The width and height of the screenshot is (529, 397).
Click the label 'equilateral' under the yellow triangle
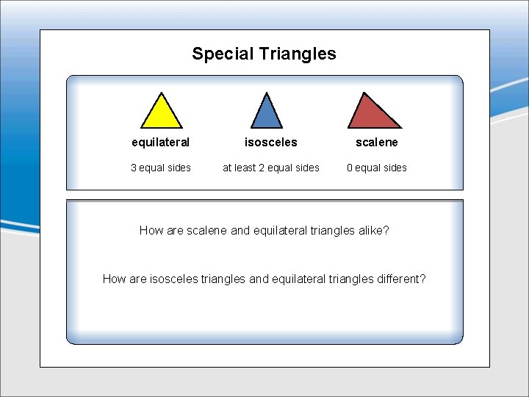pyautogui.click(x=160, y=142)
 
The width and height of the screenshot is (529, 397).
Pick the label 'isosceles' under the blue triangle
pyautogui.click(x=271, y=142)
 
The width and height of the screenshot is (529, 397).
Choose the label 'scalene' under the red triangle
pyautogui.click(x=377, y=142)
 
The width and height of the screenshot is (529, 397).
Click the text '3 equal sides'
pyautogui.click(x=161, y=168)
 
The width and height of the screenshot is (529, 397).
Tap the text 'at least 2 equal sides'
pyautogui.click(x=271, y=168)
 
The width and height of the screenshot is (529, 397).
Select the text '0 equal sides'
pyautogui.click(x=377, y=168)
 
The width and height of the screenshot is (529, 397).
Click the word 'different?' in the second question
pyautogui.click(x=397, y=279)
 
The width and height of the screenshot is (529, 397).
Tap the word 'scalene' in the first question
pyautogui.click(x=207, y=231)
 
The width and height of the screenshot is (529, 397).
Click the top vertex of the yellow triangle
pyautogui.click(x=161, y=93)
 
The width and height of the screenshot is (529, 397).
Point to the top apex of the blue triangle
pyautogui.click(x=267, y=93)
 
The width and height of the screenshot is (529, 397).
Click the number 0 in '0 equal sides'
pyautogui.click(x=350, y=168)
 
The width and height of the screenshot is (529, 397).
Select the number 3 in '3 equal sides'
pyautogui.click(x=134, y=168)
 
